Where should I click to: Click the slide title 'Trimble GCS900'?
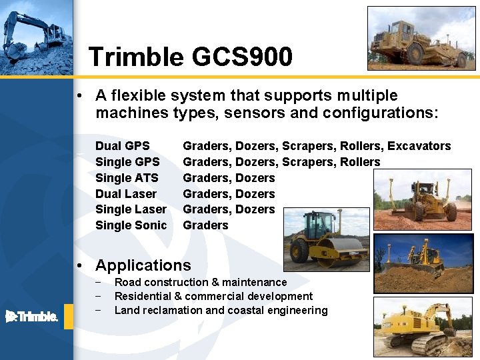pyautogui.click(x=190, y=57)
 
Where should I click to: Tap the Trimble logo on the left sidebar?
pyautogui.click(x=31, y=316)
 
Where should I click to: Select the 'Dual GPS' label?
pyautogui.click(x=123, y=146)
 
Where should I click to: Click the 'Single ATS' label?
pyautogui.click(x=127, y=178)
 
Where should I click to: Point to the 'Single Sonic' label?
pyautogui.click(x=131, y=225)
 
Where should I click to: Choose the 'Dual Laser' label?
pyautogui.click(x=126, y=194)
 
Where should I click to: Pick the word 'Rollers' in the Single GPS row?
pyautogui.click(x=360, y=162)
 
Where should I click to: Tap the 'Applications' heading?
pyautogui.click(x=143, y=265)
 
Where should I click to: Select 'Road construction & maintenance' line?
pyautogui.click(x=201, y=282)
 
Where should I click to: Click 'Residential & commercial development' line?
pyautogui.click(x=213, y=296)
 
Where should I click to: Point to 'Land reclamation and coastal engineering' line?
pyautogui.click(x=221, y=310)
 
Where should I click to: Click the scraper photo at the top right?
pyautogui.click(x=422, y=38)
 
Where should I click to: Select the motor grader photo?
pyautogui.click(x=423, y=199)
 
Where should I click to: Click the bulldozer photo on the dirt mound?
pyautogui.click(x=423, y=263)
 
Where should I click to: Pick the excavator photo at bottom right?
pyautogui.click(x=423, y=327)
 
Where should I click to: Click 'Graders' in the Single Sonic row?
pyautogui.click(x=205, y=225)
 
